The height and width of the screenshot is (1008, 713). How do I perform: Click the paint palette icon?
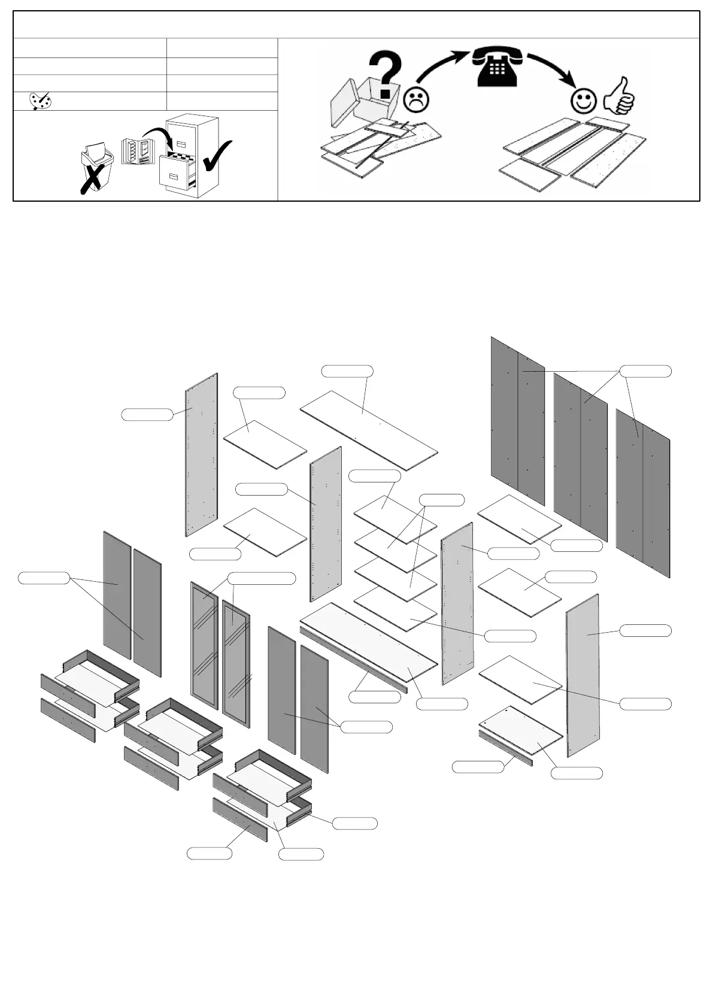[41, 101]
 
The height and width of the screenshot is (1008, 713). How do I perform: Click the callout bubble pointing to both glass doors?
[262, 578]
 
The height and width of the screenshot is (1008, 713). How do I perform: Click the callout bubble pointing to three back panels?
[645, 371]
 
